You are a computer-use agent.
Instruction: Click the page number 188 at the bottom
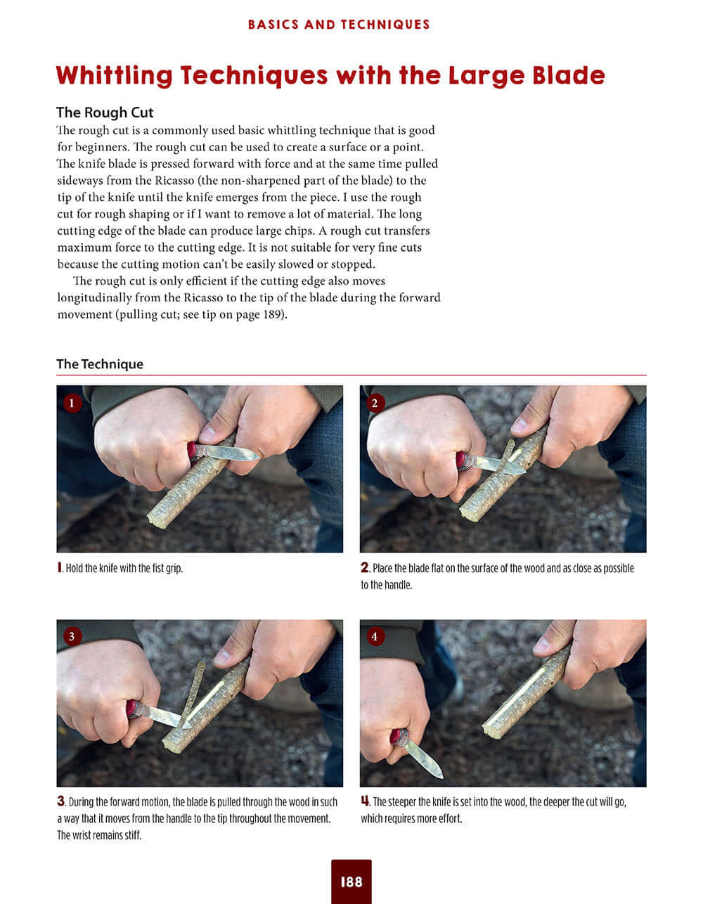point(351,881)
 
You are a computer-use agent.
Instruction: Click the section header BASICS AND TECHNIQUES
point(339,25)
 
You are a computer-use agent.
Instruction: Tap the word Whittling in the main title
point(114,75)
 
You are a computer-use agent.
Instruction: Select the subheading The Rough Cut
point(105,112)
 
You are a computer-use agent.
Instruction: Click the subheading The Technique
point(100,364)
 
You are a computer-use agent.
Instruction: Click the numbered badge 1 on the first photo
point(72,403)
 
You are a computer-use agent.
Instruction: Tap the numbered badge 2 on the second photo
point(375,403)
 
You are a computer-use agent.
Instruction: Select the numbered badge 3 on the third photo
point(72,636)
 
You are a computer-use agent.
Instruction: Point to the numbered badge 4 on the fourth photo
point(375,636)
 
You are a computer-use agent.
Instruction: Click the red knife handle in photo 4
point(399,737)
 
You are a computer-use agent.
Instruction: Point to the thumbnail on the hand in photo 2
point(520,425)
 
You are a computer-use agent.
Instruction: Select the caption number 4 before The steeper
point(365,801)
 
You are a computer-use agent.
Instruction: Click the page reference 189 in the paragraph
point(273,315)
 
